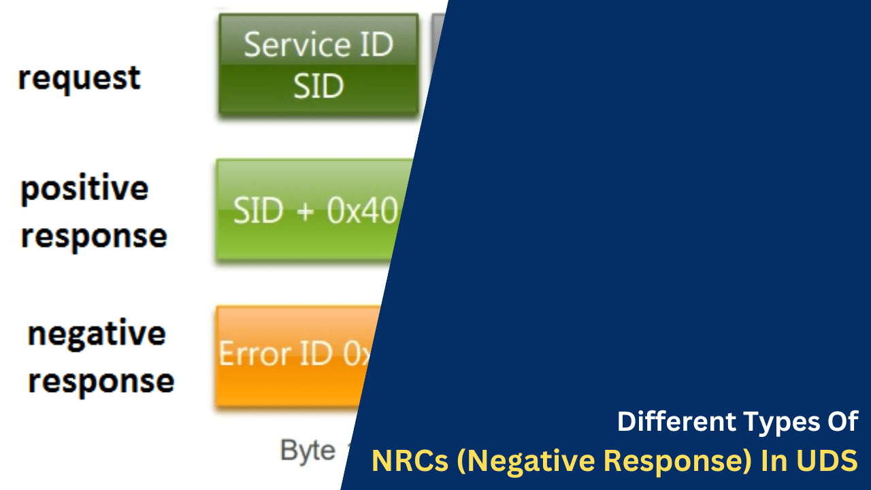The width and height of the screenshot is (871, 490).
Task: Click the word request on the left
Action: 79,78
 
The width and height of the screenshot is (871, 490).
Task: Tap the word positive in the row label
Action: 84,189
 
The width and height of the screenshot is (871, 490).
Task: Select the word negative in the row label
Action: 97,333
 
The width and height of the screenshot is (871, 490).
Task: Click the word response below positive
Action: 94,236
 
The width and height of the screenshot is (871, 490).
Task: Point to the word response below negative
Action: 101,381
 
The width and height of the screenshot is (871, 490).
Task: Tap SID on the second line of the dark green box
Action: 318,87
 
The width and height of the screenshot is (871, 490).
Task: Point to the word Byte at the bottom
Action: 308,451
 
